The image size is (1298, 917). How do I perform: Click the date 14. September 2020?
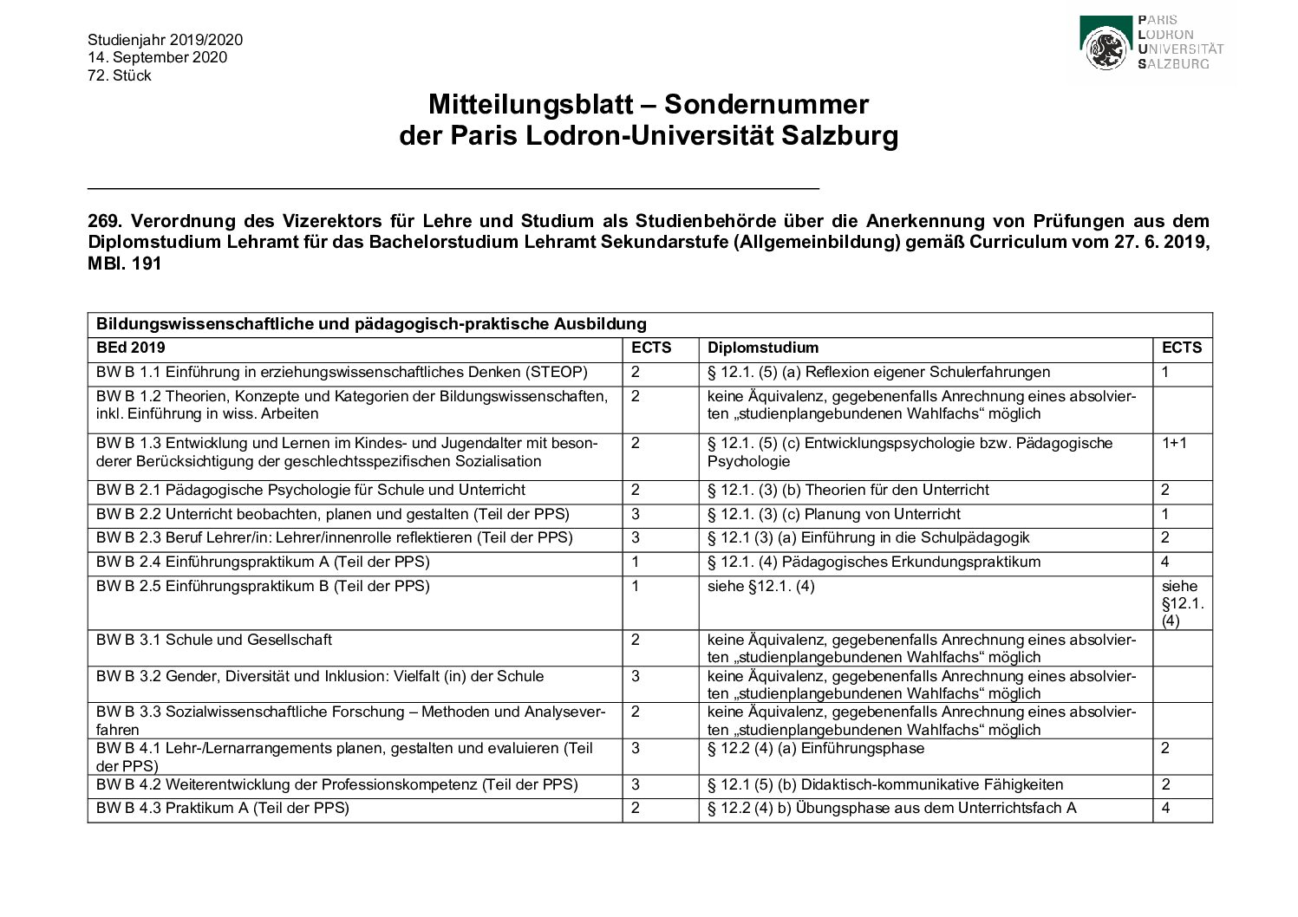click(157, 57)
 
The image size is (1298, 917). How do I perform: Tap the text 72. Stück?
click(120, 75)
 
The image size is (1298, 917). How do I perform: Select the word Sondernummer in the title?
click(766, 105)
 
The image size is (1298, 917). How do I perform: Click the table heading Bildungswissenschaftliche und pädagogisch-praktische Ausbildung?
click(371, 324)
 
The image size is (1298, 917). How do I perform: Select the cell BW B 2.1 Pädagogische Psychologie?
click(310, 490)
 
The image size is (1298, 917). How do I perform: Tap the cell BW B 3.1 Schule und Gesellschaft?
click(213, 640)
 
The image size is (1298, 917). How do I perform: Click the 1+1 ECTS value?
click(1174, 443)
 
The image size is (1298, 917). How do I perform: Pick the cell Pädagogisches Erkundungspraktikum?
click(873, 562)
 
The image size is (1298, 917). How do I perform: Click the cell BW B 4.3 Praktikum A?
click(222, 808)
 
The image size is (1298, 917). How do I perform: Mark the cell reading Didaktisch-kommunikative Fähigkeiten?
click(884, 784)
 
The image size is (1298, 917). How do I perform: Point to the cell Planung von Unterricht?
click(834, 514)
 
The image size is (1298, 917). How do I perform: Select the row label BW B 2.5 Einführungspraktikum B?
click(263, 586)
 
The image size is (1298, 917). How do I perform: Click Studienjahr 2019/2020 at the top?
click(165, 40)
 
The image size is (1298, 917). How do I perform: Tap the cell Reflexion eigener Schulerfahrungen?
click(878, 372)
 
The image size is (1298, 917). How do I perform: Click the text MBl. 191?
click(124, 263)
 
